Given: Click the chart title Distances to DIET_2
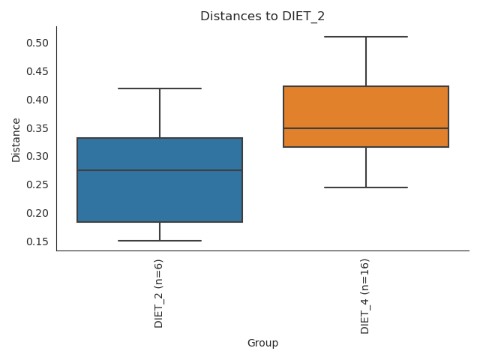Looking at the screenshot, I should [x=262, y=16].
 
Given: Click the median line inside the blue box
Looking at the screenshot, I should [x=160, y=170].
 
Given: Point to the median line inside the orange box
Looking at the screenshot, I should [x=366, y=128].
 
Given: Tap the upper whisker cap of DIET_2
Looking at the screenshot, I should [x=160, y=88].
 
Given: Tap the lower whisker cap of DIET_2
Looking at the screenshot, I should [x=160, y=241].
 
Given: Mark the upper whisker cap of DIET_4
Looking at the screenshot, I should [x=366, y=37].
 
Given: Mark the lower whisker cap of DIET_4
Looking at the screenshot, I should [x=366, y=187].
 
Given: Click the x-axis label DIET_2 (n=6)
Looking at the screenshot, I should [x=159, y=293].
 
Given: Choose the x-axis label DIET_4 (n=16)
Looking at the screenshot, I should [x=365, y=295].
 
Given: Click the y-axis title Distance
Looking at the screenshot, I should [x=16, y=139].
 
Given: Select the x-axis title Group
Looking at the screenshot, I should [x=262, y=343].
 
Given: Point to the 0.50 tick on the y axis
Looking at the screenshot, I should [x=37, y=43].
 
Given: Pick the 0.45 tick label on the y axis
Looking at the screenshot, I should [x=37, y=71].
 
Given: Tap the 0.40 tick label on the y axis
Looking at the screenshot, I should [x=37, y=100].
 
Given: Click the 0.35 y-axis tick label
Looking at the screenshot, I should [x=37, y=128].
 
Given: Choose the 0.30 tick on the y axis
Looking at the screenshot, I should [x=37, y=156].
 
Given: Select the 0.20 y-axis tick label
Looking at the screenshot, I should [x=37, y=213].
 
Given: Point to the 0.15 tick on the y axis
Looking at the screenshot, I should [x=37, y=241].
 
